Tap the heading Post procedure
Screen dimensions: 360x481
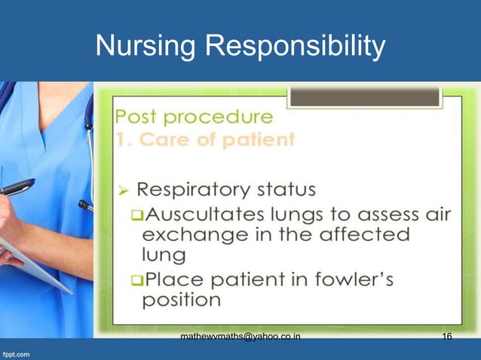[194, 117]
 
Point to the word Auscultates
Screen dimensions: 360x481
[204, 215]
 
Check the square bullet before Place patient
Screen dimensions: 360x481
[136, 280]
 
